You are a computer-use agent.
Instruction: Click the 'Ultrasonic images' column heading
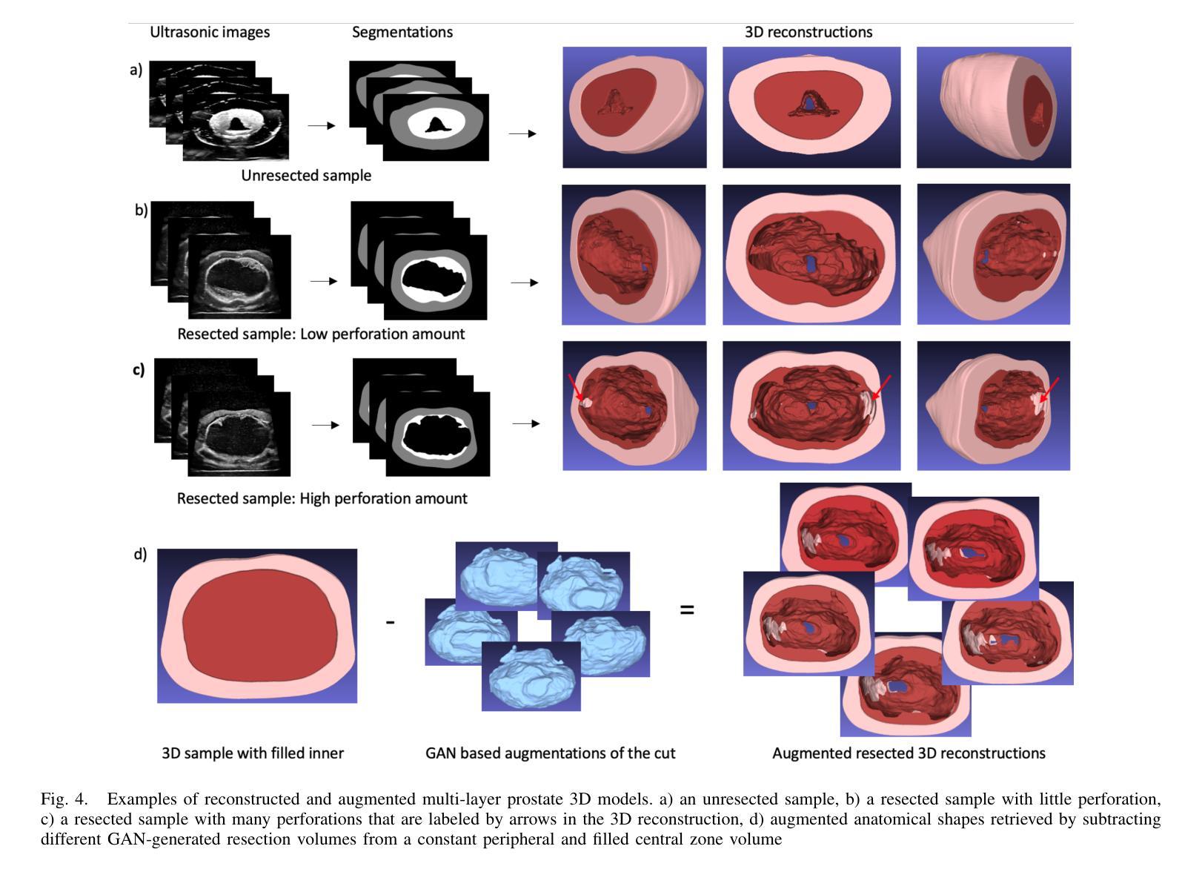210,33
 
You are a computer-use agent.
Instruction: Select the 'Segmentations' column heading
402,32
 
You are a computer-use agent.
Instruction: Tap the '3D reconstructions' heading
808,32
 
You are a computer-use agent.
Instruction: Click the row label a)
136,70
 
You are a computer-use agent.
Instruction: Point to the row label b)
141,210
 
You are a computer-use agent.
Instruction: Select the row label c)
139,370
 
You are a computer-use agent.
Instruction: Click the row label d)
140,554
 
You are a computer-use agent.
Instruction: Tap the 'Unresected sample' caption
306,176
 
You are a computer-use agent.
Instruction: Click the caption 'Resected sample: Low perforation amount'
321,334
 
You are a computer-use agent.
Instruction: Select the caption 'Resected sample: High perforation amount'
322,498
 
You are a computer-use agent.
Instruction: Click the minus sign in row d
390,622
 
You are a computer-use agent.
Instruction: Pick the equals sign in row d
687,610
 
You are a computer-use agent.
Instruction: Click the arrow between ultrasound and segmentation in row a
322,125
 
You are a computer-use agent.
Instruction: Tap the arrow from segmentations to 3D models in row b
524,283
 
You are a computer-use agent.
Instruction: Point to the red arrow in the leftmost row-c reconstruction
575,388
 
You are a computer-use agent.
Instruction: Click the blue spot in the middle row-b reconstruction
810,263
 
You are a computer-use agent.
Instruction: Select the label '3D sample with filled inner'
253,753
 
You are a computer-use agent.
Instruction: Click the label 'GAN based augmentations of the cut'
550,753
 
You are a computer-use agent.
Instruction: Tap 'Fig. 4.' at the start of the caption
64,799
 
